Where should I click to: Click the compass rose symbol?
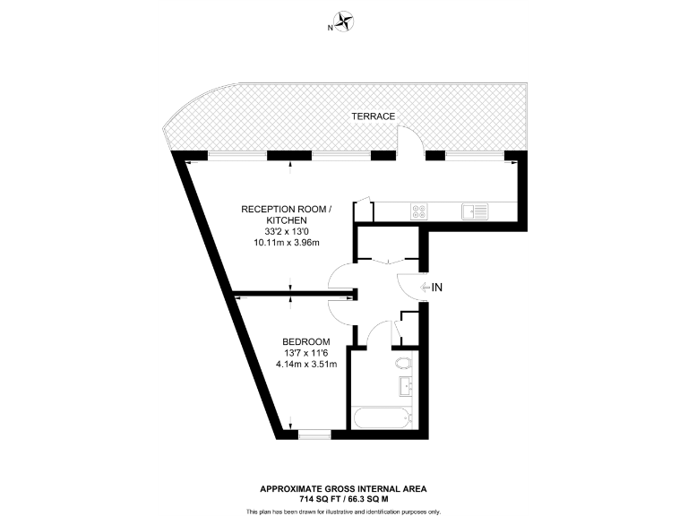pyautogui.click(x=344, y=22)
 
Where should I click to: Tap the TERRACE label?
pyautogui.click(x=374, y=116)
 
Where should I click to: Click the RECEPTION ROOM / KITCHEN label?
pyautogui.click(x=287, y=214)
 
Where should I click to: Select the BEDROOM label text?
pyautogui.click(x=306, y=341)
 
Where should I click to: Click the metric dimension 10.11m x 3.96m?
pyautogui.click(x=287, y=243)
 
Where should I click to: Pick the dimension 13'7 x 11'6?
pyautogui.click(x=306, y=352)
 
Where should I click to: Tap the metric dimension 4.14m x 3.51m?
pyautogui.click(x=306, y=364)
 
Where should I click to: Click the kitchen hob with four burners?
pyautogui.click(x=419, y=211)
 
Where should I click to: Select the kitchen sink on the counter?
pyautogui.click(x=475, y=211)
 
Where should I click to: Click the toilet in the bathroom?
pyautogui.click(x=404, y=364)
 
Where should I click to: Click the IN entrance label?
pyautogui.click(x=438, y=288)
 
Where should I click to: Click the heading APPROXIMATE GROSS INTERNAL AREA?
pyautogui.click(x=343, y=488)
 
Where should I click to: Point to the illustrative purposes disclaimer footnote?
pyautogui.click(x=343, y=511)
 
